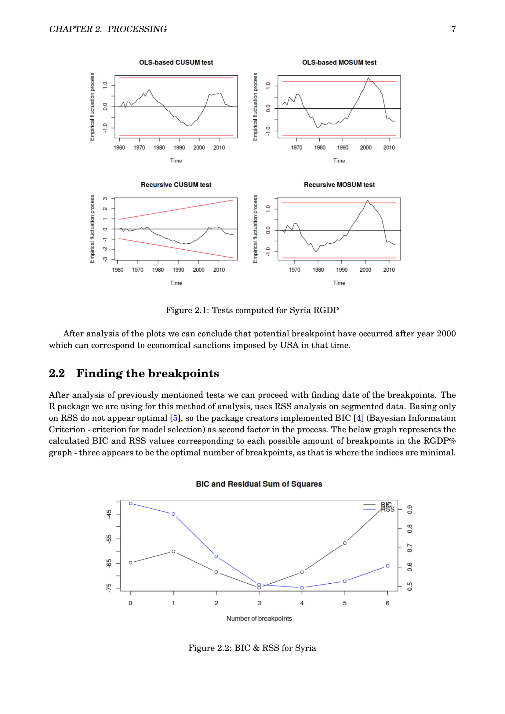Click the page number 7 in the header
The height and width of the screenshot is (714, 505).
453,29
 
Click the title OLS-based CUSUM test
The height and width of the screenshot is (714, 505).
176,63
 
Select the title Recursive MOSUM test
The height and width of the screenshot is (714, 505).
339,185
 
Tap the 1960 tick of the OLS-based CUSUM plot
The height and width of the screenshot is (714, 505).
119,147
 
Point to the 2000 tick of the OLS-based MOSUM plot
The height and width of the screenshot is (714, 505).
366,147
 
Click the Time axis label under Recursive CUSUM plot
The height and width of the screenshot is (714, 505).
176,283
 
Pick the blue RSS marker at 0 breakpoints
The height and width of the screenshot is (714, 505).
131,503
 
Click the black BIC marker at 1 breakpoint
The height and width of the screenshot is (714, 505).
173,552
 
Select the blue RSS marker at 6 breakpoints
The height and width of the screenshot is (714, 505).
387,566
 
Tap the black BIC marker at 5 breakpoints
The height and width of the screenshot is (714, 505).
344,543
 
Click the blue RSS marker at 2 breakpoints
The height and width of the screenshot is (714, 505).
216,556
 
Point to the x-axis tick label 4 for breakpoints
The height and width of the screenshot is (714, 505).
302,603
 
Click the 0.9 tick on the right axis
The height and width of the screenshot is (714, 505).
410,509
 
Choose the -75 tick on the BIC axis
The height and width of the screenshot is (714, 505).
109,588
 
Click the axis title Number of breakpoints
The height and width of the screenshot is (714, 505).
259,618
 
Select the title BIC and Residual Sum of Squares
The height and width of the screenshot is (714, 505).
259,484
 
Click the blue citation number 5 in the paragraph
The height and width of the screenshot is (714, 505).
175,418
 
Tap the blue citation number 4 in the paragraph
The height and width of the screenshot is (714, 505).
358,418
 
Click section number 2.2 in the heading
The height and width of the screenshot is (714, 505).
57,373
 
